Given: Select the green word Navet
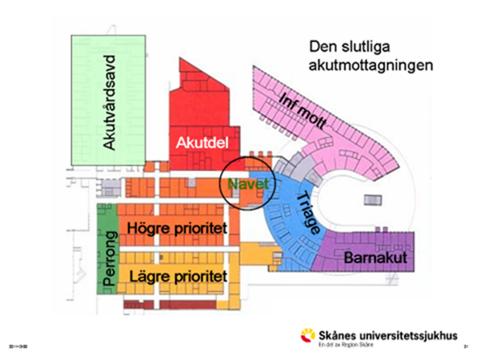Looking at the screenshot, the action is (244, 184).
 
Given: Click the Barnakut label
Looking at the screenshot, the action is (376, 258).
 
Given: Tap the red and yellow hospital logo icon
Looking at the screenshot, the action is (307, 335).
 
